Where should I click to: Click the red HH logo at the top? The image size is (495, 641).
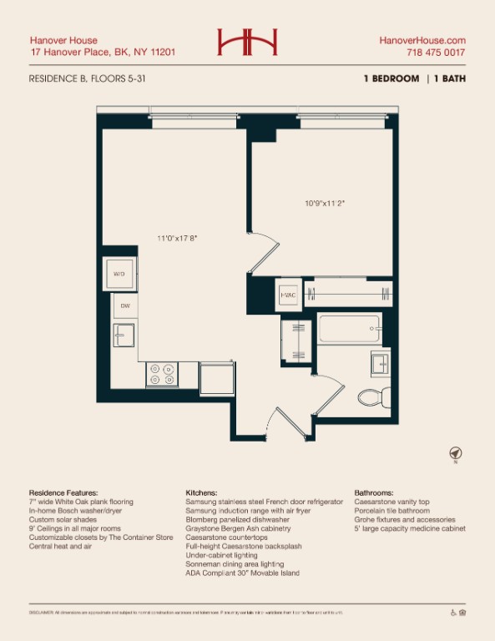coord(247,42)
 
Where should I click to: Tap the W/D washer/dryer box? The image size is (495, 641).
coord(119,274)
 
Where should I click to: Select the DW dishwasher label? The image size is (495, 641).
coord(125,306)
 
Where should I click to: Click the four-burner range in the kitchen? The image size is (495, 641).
coord(161,374)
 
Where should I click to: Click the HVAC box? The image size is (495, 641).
coord(289,295)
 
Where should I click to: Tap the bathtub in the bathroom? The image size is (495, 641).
coord(348,329)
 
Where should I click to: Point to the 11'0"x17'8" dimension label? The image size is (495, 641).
coord(176,238)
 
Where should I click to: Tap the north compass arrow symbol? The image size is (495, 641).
coord(456,453)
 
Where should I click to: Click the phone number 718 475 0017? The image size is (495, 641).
coord(436,53)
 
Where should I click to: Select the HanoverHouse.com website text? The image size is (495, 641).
coord(422,40)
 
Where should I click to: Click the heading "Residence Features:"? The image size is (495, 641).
coord(63,493)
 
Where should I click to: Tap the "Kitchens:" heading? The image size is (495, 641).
coord(201,493)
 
